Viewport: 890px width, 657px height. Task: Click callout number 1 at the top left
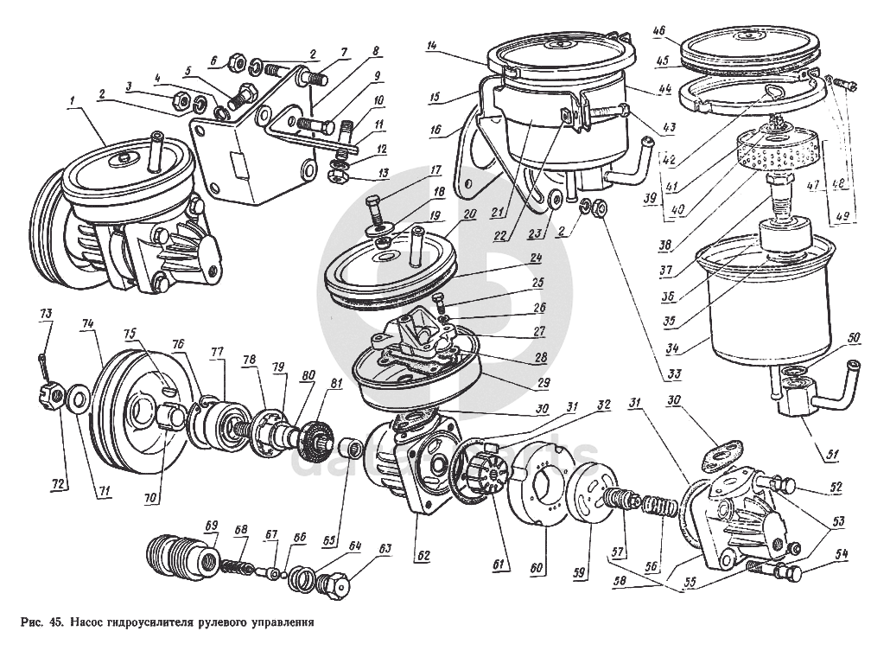[x=76, y=100]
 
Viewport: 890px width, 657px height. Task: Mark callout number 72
[x=58, y=482]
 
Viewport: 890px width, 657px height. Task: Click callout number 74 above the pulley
[x=87, y=322]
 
